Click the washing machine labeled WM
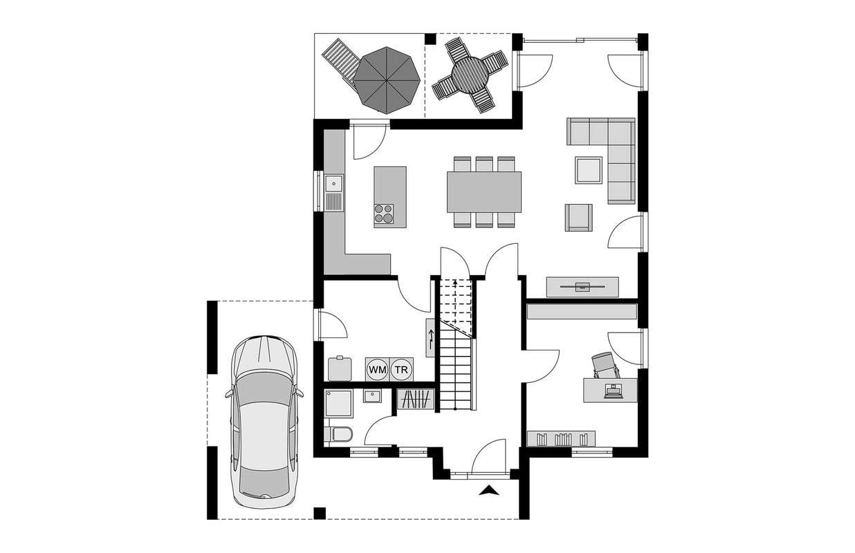point(377,369)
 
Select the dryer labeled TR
point(401,369)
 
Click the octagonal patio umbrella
point(386,80)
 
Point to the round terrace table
point(470,75)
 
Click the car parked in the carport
point(264,422)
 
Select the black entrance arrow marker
point(489,491)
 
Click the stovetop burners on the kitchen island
point(384,214)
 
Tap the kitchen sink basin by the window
point(67,183)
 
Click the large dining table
point(484,192)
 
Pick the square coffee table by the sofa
point(589,170)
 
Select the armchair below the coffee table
point(579,217)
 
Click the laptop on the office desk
point(614,392)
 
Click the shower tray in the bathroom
point(338,403)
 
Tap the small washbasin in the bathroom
point(372,396)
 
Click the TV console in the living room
point(582,287)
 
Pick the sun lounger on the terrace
point(342,62)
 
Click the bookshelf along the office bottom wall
point(561,438)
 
